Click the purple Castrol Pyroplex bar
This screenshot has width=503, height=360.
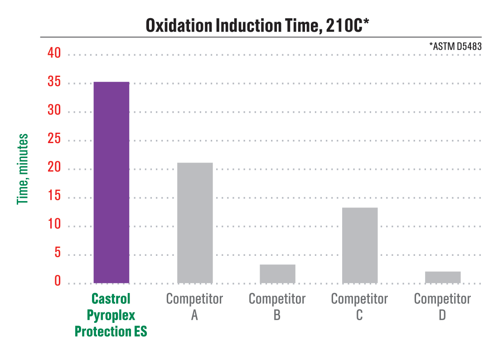[111, 182]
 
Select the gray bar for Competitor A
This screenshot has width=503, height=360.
[195, 223]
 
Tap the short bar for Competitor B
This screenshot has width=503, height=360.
[277, 274]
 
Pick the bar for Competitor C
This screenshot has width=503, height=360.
[360, 245]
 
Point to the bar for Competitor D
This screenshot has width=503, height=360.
[443, 278]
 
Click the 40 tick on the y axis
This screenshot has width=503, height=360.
[54, 53]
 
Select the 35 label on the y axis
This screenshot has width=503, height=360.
[54, 82]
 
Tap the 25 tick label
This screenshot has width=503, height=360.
[54, 139]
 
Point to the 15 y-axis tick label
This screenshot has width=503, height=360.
[54, 197]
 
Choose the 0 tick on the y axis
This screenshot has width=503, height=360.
[58, 281]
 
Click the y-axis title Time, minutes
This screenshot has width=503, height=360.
[23, 169]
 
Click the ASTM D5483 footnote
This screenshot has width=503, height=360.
[455, 46]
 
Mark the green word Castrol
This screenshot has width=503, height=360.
[111, 299]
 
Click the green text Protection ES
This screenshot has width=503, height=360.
[111, 331]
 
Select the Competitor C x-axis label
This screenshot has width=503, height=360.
[359, 307]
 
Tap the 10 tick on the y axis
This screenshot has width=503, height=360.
[54, 226]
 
